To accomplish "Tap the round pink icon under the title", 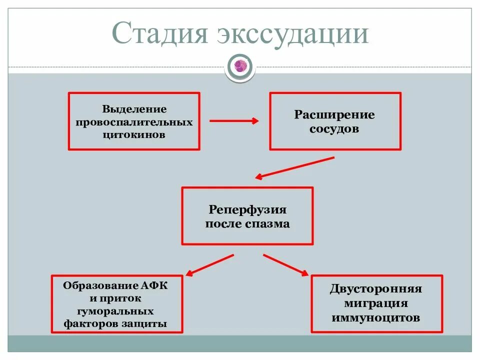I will (240, 66).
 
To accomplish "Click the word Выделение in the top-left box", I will (134, 109).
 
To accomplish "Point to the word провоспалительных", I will (134, 122).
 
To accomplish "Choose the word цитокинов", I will (134, 135).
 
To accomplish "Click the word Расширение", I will (334, 115).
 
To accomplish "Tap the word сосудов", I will (334, 128).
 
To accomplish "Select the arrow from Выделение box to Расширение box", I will (233, 120).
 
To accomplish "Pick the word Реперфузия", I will (247, 210).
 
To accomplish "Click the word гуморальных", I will (115, 311).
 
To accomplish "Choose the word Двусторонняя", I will (376, 289).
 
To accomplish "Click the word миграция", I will (376, 303).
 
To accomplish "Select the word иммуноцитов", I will (376, 317).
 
